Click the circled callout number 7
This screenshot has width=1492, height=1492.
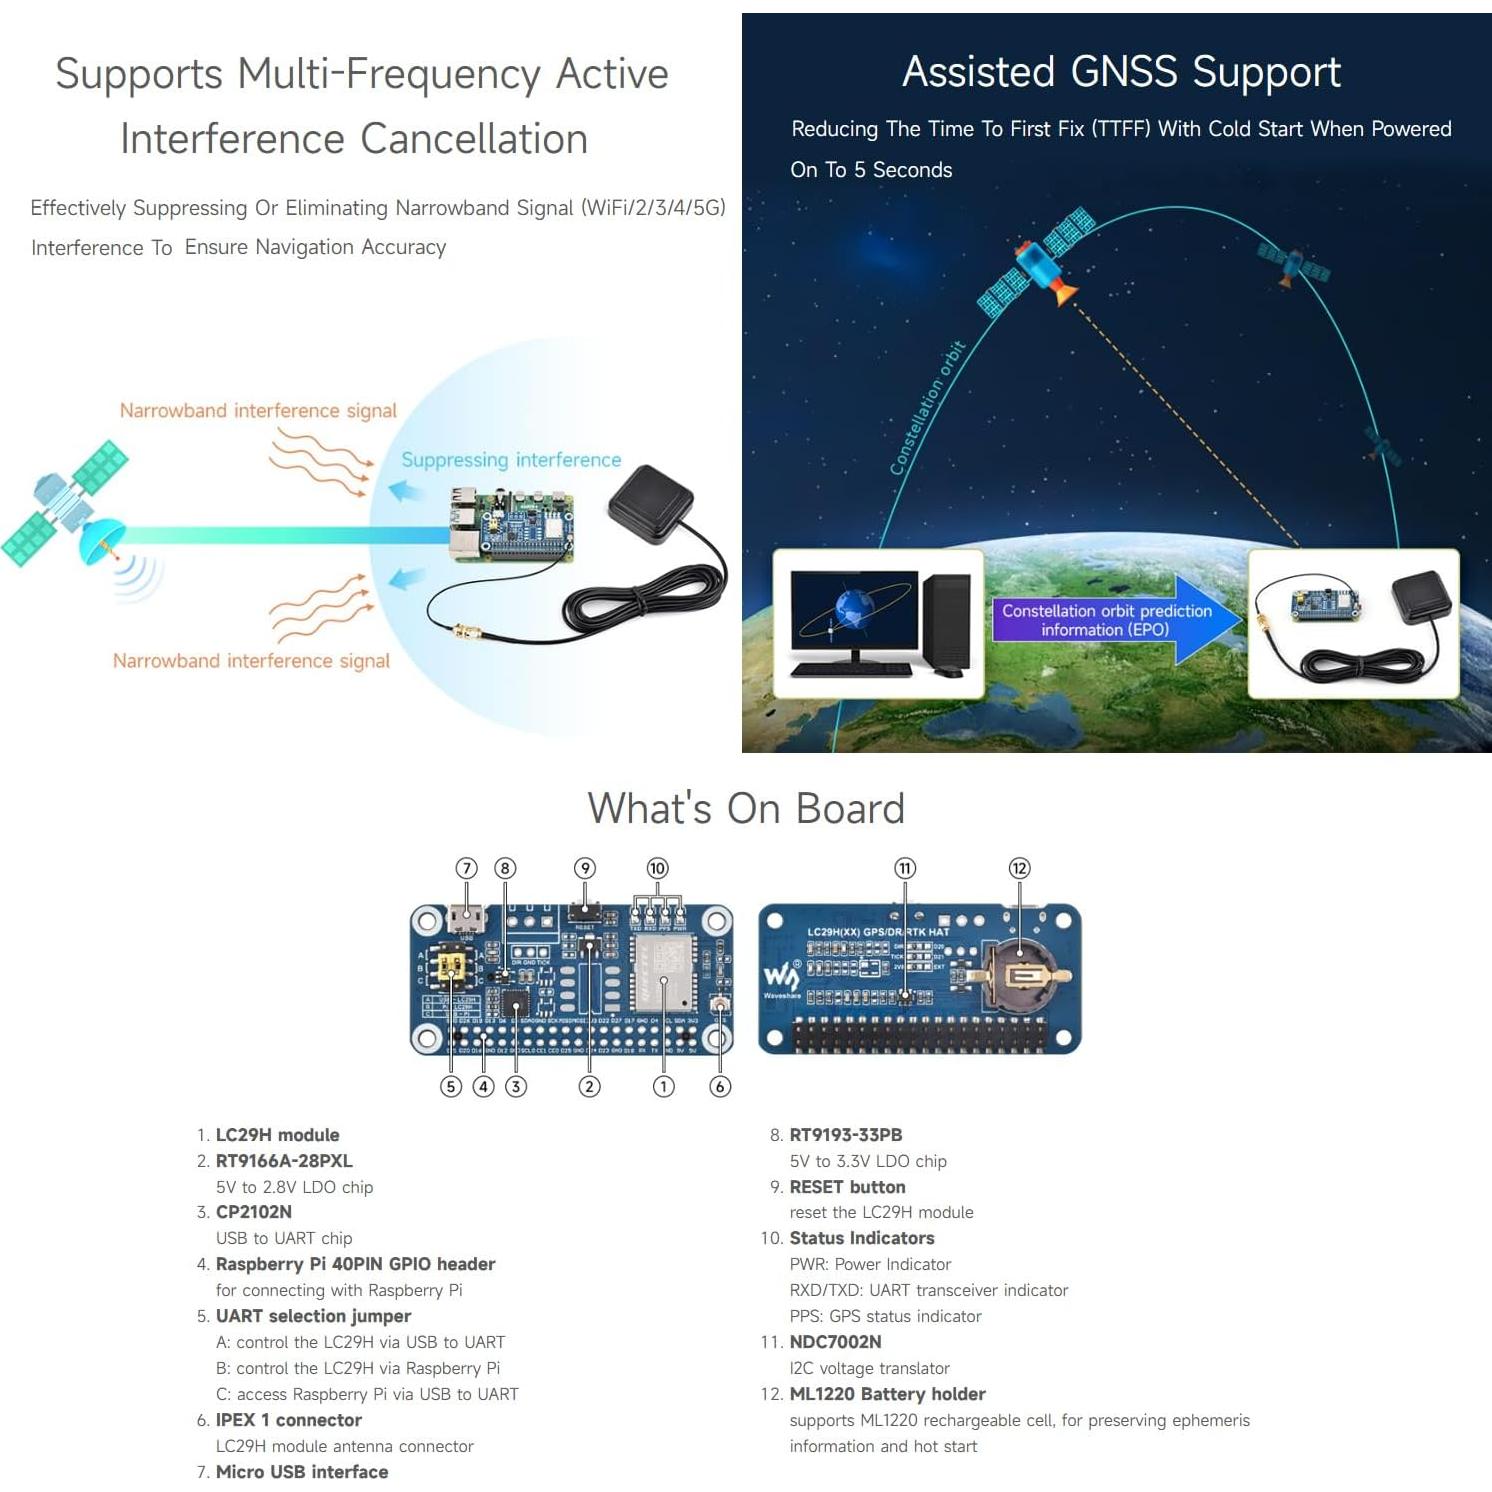(x=466, y=868)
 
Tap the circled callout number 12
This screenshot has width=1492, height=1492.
(x=1019, y=868)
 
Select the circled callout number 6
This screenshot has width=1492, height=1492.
(x=719, y=1086)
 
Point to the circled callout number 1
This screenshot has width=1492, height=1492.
(x=663, y=1086)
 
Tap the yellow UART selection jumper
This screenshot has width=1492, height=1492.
(x=452, y=966)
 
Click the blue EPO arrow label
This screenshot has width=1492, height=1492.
(x=1106, y=620)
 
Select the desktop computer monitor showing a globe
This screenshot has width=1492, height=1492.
(x=854, y=611)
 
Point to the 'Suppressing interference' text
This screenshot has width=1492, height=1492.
(x=511, y=460)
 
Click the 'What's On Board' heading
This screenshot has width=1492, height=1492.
(x=746, y=808)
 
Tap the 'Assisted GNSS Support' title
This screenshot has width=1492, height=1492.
(x=1121, y=72)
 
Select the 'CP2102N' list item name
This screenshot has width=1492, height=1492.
(x=254, y=1212)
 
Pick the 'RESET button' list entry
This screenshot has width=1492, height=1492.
(x=847, y=1187)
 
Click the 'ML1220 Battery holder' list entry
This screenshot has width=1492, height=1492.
(x=887, y=1394)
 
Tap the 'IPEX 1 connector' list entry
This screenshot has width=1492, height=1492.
(x=288, y=1420)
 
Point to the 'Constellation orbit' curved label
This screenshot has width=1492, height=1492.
(x=927, y=408)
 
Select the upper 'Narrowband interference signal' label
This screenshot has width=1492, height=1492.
(x=258, y=411)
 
